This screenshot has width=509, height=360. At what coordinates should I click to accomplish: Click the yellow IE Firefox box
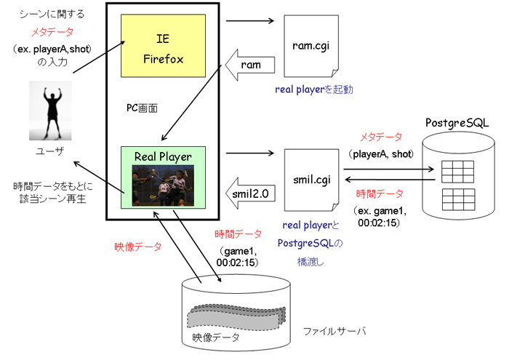pos(163,45)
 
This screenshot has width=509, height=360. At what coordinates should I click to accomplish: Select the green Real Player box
pos(163,177)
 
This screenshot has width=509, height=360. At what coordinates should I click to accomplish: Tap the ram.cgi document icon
pos(311,46)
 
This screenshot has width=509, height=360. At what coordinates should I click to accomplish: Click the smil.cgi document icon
pos(312,180)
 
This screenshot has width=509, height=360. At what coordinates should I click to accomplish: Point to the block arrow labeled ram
pos(250,65)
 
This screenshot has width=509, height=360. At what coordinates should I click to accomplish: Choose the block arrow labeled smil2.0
pos(250,193)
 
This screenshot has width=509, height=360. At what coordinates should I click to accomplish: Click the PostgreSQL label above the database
pos(457,123)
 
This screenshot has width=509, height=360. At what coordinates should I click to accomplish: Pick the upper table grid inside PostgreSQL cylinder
pos(457,172)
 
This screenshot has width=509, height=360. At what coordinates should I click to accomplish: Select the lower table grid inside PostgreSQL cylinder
pos(458,200)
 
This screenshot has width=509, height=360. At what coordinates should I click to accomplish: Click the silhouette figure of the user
pos(50,111)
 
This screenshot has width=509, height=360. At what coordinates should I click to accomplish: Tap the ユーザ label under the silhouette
pos(49,151)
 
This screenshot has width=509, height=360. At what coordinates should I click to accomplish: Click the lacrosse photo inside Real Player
pos(163,185)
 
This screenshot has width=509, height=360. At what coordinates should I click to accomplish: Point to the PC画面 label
pos(142,108)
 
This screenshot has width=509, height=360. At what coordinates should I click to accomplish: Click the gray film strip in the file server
pos(236,316)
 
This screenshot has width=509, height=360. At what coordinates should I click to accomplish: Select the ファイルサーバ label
pos(334,331)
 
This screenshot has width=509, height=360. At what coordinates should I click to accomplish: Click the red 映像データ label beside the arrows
pos(138,247)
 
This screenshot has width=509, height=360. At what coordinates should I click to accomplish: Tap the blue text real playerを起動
pos(314,89)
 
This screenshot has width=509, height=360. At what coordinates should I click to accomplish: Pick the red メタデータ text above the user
pos(52,32)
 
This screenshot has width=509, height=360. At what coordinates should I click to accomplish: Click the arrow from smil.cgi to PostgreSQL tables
pos(389,169)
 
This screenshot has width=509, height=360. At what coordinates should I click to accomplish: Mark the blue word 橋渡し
pos(310,262)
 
